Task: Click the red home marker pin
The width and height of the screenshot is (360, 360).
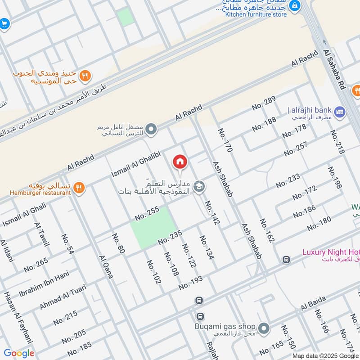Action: click(x=180, y=161)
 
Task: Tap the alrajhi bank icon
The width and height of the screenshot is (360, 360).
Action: click(x=340, y=111)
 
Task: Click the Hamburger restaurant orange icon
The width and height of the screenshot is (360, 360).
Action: click(x=79, y=188)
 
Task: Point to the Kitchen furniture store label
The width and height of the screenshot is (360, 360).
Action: click(x=256, y=14)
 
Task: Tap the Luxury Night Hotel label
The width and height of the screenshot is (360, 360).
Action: click(x=331, y=252)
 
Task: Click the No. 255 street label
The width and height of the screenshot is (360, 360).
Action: click(x=147, y=213)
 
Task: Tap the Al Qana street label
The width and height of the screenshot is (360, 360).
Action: click(x=106, y=267)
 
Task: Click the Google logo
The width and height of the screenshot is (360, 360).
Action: click(x=19, y=353)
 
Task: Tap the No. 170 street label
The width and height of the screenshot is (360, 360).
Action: click(x=225, y=140)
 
